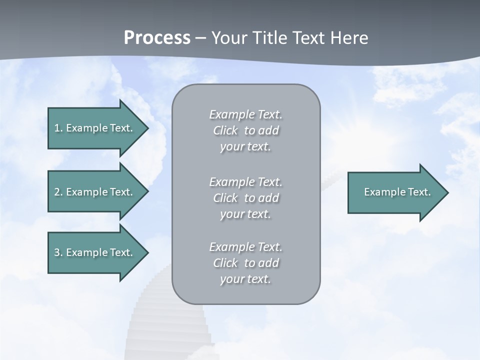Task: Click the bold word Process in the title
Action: (x=157, y=37)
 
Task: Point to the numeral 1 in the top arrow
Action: (x=57, y=128)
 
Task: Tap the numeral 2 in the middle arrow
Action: (x=57, y=192)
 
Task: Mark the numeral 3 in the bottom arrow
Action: (x=57, y=252)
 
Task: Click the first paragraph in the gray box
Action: (x=245, y=130)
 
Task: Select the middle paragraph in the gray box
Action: (x=245, y=198)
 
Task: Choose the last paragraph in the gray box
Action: (x=245, y=263)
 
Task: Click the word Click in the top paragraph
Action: (x=225, y=130)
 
